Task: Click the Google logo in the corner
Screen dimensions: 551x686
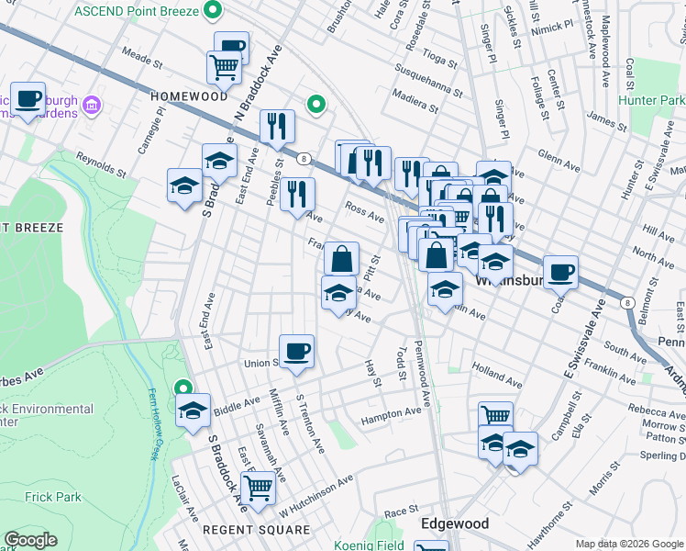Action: coord(31,540)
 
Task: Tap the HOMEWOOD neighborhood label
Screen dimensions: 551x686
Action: coord(189,96)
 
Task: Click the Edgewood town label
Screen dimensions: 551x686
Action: coord(454,523)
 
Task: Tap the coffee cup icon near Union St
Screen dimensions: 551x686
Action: coord(296,352)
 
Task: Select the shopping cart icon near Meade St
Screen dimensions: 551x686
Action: coord(225,67)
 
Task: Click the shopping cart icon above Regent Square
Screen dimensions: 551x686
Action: coord(259,488)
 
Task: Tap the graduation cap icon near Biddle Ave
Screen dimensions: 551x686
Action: coord(194,410)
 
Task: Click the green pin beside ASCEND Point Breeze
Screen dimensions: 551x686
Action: coord(214,11)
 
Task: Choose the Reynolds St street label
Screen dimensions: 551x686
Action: coord(101,166)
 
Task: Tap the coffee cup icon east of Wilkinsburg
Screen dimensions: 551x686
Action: coord(560,272)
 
